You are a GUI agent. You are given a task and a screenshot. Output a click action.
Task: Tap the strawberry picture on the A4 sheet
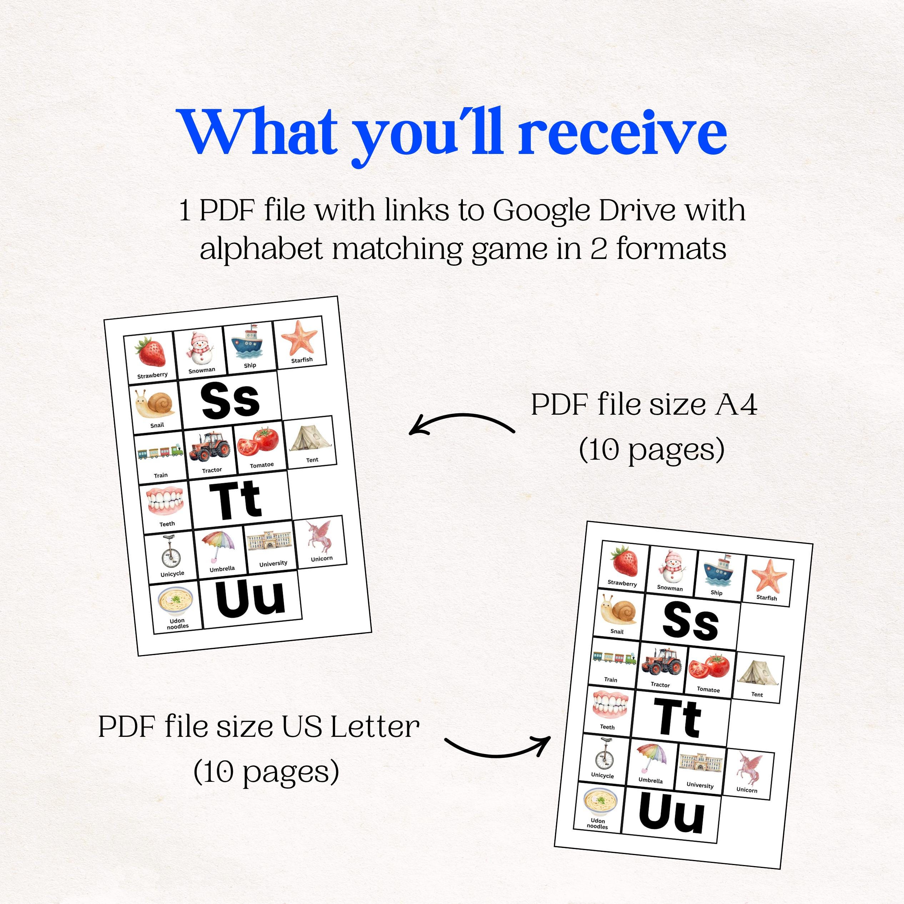pyautogui.click(x=151, y=351)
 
